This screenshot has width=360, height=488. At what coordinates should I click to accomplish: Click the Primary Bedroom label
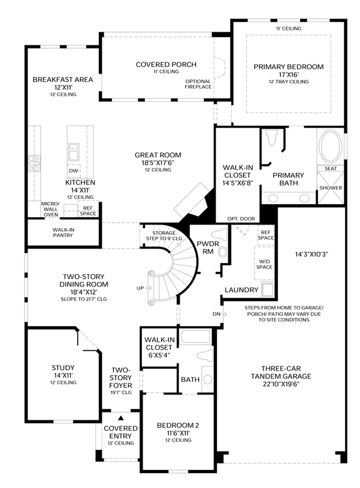coord(288,66)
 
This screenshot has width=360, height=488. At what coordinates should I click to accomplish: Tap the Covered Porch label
coord(166,65)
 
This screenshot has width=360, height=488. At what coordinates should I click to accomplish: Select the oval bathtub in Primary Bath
coord(331,146)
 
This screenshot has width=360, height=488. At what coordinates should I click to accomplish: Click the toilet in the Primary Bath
coord(273,138)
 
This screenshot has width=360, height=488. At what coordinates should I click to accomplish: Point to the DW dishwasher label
coord(74,171)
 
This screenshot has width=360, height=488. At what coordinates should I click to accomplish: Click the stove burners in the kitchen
coord(34,163)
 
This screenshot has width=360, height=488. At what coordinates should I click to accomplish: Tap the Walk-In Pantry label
coord(63,232)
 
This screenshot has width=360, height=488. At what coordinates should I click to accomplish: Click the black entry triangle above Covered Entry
coord(121,418)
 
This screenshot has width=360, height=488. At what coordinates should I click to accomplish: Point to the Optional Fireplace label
coord(198,84)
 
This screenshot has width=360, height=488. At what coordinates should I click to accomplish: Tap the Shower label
coord(331,188)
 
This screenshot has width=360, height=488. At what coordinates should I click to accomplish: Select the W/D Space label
coord(264,264)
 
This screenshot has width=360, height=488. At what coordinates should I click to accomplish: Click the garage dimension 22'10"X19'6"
coord(281,384)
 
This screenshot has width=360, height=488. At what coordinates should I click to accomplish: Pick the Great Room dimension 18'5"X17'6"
coord(158,162)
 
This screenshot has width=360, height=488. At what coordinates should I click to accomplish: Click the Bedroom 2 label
coord(178,425)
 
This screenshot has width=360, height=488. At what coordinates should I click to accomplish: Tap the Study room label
coord(63,368)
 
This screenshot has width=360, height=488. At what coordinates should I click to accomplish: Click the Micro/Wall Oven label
coord(50,209)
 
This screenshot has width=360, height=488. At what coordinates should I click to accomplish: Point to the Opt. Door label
coord(241,219)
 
